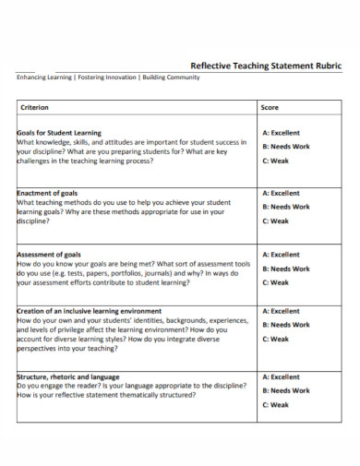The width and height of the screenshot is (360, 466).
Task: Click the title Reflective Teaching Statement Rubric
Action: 266,66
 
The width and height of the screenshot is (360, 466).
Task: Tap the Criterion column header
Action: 36,108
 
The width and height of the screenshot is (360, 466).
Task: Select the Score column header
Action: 270,108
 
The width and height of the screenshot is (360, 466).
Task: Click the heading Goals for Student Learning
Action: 59,133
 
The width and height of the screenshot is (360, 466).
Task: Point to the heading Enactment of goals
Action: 49,194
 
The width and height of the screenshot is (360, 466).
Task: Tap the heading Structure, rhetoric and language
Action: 67,376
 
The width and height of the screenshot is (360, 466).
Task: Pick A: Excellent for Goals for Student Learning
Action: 282,133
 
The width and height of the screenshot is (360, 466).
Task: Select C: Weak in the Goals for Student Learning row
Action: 275,161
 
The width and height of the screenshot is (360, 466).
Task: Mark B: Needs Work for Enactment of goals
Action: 286,208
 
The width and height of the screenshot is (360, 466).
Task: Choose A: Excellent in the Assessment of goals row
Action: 282,255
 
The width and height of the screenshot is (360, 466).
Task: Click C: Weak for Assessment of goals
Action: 275,282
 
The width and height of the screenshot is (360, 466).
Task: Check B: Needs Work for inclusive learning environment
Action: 286,325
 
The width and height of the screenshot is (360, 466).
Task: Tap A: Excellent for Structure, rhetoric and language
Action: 282,376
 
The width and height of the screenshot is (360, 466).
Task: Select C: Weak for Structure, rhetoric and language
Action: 275,404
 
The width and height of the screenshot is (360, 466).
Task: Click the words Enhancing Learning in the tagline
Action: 44,78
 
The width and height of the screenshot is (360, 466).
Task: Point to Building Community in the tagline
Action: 171,78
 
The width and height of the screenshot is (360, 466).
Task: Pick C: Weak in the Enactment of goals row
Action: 275,221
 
